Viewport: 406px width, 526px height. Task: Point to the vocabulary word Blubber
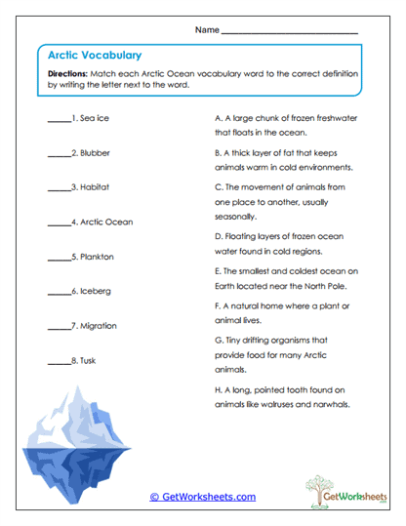click(x=95, y=152)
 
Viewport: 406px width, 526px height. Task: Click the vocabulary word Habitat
click(x=95, y=186)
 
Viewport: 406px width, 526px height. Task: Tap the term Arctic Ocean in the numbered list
click(x=105, y=222)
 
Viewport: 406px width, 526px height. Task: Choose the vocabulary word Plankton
click(x=97, y=256)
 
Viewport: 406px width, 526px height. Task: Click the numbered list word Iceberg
click(x=96, y=291)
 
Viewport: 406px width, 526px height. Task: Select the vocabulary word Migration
click(x=99, y=325)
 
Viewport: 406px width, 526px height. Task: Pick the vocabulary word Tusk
click(x=88, y=360)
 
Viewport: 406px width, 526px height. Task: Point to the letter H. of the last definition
click(x=218, y=389)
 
